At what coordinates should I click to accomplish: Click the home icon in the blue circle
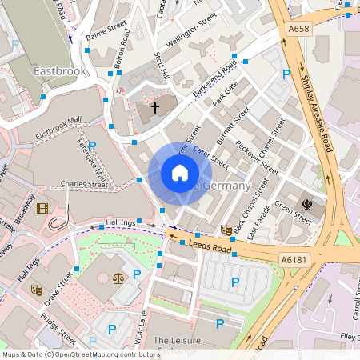pos(180,173)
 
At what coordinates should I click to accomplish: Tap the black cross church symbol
pos(155,106)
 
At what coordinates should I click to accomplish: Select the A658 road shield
pos(298,30)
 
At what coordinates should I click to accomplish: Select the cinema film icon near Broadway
pos(42,209)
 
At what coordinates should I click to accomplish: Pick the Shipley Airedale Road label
pos(318,112)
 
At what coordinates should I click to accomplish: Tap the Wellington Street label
pos(192,30)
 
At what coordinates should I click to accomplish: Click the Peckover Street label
pos(257,158)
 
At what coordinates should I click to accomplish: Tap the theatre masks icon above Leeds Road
pos(226,230)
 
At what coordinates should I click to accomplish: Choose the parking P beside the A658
pos(286,74)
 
